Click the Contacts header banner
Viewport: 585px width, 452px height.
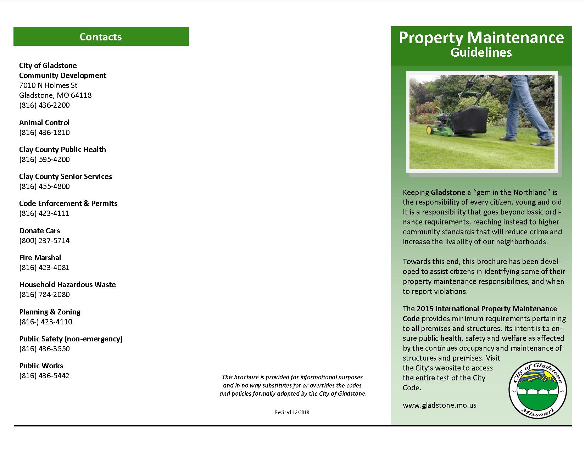click(101, 37)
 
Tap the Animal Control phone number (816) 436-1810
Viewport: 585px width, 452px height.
click(44, 133)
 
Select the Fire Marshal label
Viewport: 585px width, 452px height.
click(40, 258)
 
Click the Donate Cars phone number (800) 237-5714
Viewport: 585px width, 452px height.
click(44, 241)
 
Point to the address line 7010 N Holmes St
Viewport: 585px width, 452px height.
click(48, 85)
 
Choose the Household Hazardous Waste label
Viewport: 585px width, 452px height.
click(67, 285)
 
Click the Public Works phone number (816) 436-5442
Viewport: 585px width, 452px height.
click(44, 376)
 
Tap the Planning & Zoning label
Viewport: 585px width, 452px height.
click(50, 312)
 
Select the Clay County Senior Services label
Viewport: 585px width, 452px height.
click(66, 177)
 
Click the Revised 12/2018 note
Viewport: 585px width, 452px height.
click(291, 412)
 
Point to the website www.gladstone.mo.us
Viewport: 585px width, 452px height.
click(439, 405)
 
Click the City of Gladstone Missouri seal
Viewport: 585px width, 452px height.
click(537, 390)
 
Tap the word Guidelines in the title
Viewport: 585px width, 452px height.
click(481, 52)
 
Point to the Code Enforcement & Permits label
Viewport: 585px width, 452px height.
click(68, 203)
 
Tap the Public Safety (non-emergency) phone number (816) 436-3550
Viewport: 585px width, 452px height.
click(44, 349)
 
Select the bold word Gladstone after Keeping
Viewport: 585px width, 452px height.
click(448, 192)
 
